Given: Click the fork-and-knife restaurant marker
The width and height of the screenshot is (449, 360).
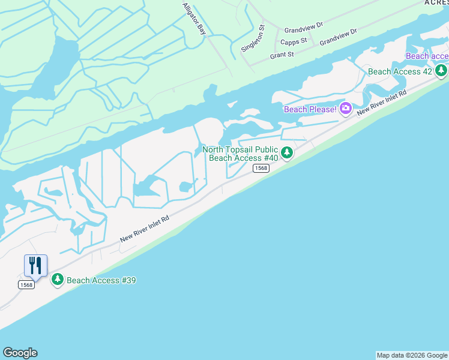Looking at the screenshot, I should coord(35,265).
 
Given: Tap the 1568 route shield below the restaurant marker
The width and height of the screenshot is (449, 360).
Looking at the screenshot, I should coord(26,284).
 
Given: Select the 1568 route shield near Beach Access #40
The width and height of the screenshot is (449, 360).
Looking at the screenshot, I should coord(261,169).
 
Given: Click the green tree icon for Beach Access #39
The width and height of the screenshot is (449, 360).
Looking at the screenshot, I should coord(58,279).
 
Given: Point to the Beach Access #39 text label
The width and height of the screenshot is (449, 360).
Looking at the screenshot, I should coord(101,280).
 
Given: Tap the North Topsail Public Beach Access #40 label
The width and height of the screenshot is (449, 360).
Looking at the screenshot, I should coord(240,154).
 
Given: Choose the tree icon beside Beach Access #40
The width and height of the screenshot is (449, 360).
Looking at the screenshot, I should coord(287,153).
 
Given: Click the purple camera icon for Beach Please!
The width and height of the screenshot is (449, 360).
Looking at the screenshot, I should coord(346,109).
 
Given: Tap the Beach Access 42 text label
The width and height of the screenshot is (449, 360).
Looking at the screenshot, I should coord(400,71).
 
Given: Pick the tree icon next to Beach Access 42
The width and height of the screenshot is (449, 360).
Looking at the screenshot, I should coord(441,71).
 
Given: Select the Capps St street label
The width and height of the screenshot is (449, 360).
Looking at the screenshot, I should coord(294,41).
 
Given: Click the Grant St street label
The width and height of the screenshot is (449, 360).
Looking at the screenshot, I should coord(282,55).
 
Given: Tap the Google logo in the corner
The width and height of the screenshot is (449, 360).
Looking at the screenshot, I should coord(20,353).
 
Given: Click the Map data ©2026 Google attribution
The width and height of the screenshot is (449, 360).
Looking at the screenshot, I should coord(412,355).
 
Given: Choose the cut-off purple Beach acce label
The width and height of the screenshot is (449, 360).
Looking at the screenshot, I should coord(427,56).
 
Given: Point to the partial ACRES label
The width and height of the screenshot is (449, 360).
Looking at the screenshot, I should coord(436,2).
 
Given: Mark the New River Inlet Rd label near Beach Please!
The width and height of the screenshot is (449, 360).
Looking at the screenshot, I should coord(382,103).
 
